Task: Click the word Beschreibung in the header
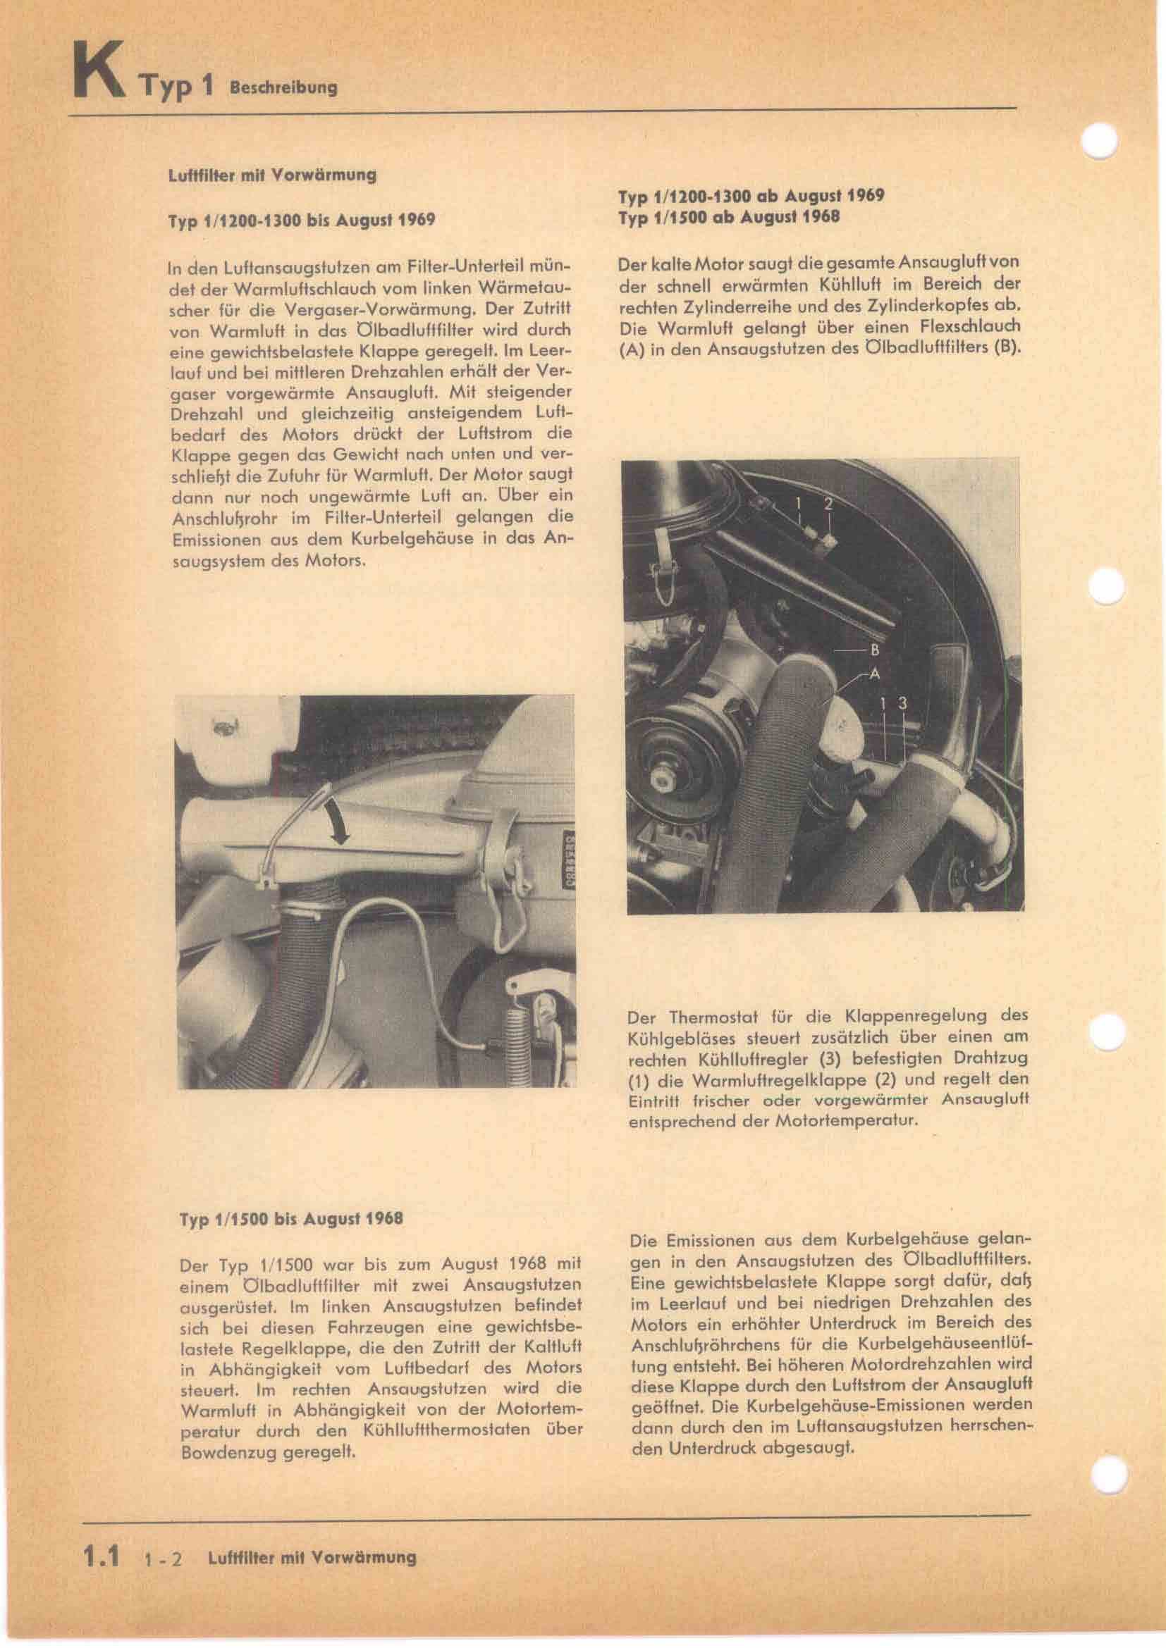pos(282,89)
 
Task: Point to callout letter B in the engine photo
pos(874,651)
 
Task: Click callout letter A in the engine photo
pos(874,674)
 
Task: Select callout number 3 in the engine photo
pos(903,703)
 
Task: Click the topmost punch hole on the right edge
pos(1101,141)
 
